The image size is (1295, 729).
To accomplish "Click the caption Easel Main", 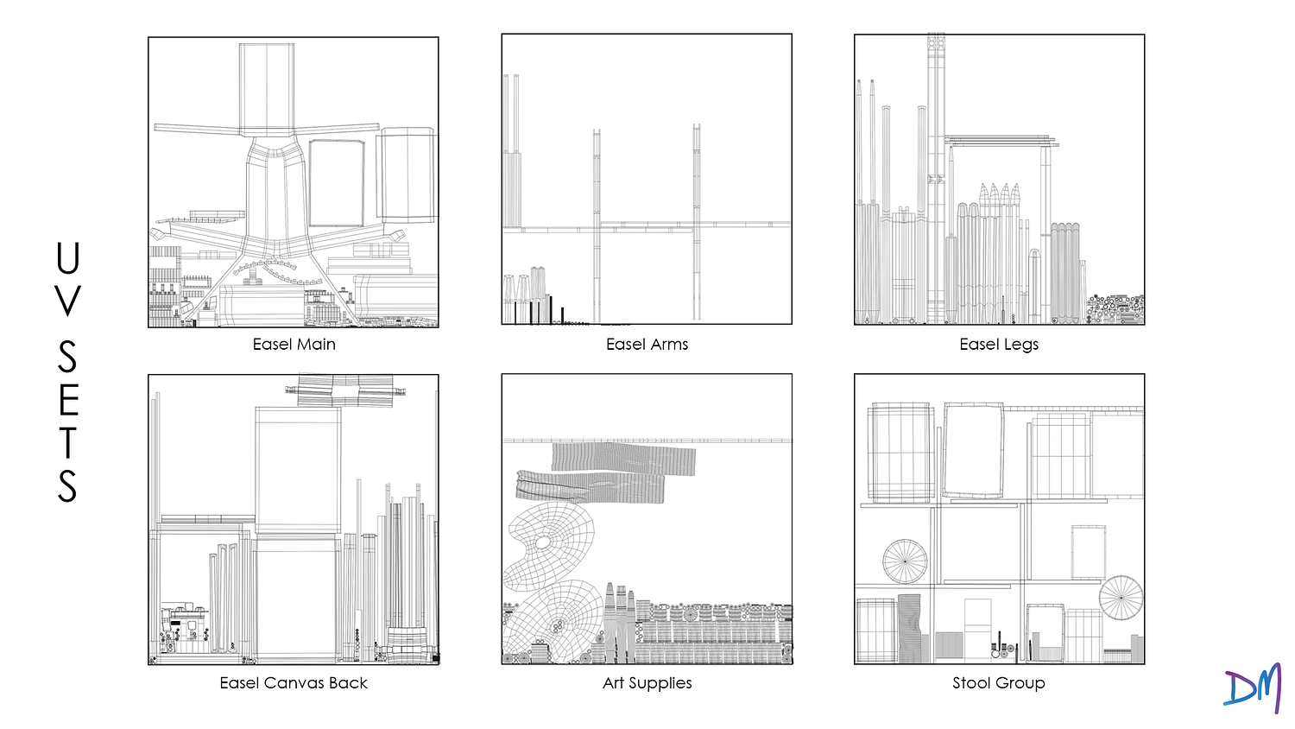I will (294, 345).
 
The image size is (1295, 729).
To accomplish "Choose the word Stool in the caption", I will (970, 683).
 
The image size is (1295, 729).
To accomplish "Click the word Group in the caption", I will (1020, 683).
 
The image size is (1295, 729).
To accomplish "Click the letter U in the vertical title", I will (67, 258).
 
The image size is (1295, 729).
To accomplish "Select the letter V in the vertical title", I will (67, 301).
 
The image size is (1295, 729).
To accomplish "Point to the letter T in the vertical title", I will (67, 441).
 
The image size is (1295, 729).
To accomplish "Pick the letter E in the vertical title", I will (67, 398).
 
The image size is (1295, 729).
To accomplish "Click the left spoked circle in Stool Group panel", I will (905, 561).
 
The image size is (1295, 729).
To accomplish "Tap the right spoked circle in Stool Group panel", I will (1121, 597).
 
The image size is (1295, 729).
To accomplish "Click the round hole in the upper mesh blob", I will (543, 543).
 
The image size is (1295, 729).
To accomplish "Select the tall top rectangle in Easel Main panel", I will (267, 89).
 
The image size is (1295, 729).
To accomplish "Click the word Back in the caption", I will (349, 683).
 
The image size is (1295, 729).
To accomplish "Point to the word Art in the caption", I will (614, 683).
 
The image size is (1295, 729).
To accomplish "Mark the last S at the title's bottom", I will (67, 485).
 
